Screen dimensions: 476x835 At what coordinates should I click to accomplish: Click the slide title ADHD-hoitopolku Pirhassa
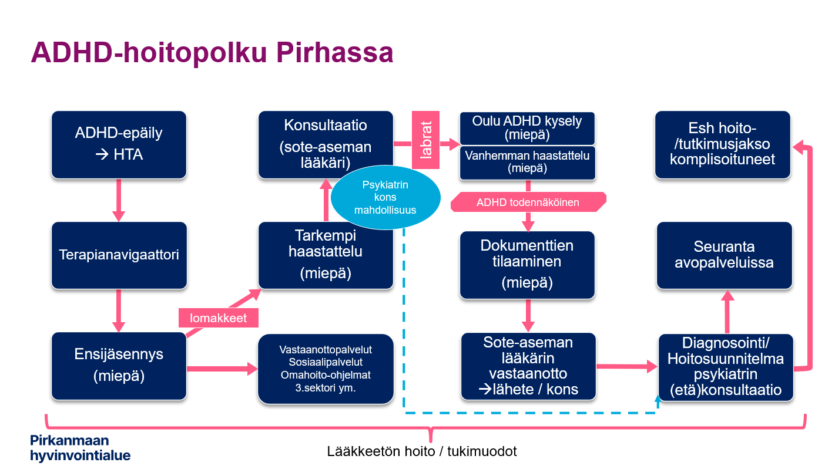[212, 53]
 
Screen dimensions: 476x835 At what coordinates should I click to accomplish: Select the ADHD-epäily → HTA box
[119, 144]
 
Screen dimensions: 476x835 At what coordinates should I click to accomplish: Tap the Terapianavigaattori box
[119, 255]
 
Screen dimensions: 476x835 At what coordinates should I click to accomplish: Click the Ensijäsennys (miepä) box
[119, 366]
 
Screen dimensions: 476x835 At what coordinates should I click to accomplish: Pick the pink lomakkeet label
[219, 318]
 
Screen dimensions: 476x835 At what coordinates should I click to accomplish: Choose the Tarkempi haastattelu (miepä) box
[326, 255]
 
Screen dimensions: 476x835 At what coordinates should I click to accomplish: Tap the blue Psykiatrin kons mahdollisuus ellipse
[385, 198]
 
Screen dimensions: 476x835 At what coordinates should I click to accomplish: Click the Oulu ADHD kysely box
[527, 128]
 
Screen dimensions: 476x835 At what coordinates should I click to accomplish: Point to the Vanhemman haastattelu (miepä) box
[527, 162]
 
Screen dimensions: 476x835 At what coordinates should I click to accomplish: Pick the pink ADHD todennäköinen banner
[528, 202]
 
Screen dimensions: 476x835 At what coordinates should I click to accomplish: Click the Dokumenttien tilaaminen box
[527, 264]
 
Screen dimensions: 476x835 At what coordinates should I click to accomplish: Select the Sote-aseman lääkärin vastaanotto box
[528, 366]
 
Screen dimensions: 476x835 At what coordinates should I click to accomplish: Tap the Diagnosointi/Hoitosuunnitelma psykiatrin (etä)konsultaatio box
[726, 367]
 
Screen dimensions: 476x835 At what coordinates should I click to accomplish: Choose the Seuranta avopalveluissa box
[724, 255]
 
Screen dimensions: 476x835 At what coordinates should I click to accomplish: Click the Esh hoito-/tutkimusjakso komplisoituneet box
[723, 144]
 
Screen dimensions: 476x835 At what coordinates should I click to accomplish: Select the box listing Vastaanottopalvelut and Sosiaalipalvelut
[326, 369]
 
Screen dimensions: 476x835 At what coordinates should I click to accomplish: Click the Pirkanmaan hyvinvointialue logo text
[80, 448]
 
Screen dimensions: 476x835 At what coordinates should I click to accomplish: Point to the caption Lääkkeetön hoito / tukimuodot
[422, 451]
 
